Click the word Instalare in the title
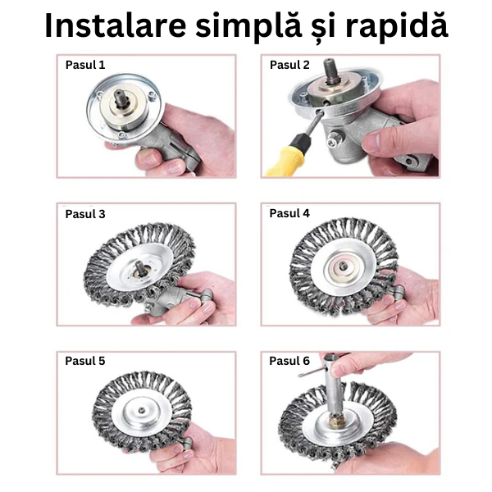[x=116, y=25]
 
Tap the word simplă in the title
[x=248, y=28]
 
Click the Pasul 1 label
[x=85, y=65]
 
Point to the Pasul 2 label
[x=289, y=65]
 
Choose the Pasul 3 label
[x=85, y=214]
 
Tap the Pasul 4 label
[x=289, y=213]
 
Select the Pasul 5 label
[x=85, y=361]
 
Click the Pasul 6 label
[x=289, y=361]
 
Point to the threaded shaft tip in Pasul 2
[x=331, y=70]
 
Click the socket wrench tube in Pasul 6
[x=334, y=388]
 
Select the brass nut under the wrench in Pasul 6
[x=337, y=420]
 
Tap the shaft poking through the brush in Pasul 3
[x=140, y=268]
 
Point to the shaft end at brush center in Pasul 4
[x=343, y=266]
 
